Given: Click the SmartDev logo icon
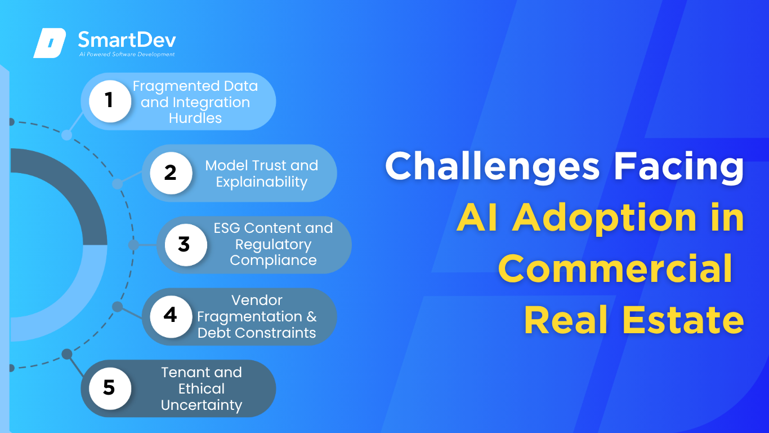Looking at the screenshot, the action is click(50, 43).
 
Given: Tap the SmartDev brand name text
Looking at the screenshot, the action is click(127, 39).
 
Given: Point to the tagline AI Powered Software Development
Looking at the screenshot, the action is click(127, 54).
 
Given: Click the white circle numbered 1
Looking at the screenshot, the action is click(110, 101).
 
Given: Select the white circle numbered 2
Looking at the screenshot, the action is click(171, 173).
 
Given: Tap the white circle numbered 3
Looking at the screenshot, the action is click(186, 245).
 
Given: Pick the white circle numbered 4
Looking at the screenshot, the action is click(171, 316).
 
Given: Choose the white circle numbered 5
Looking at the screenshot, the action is click(110, 388).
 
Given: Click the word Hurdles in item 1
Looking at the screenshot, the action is click(195, 118).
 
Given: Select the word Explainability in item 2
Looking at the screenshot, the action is click(262, 182).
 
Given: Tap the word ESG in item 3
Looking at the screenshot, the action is click(227, 228).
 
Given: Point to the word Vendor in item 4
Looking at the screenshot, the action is click(257, 301).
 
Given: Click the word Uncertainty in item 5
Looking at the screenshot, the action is click(202, 405).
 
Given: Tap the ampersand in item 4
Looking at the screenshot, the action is click(311, 316).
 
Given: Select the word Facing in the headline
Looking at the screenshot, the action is click(679, 167).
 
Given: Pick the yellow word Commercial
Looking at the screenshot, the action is click(615, 268).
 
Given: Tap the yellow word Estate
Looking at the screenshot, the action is click(683, 320).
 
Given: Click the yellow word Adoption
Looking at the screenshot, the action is click(604, 218).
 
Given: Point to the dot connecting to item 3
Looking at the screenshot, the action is click(133, 245).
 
